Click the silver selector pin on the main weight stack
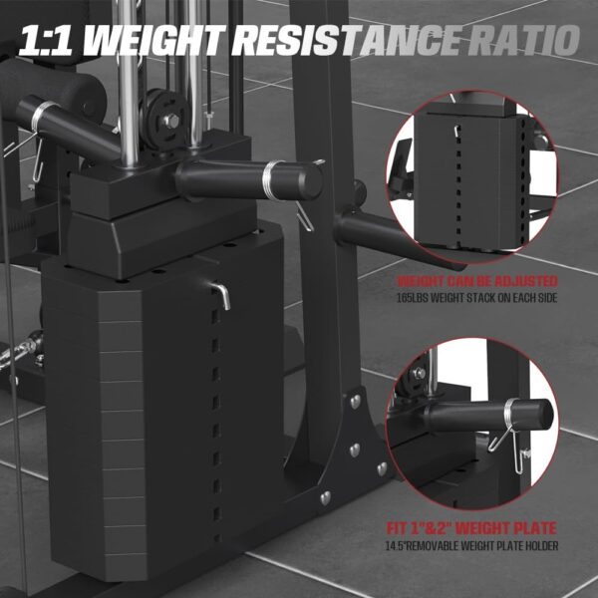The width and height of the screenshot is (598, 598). [x=225, y=292]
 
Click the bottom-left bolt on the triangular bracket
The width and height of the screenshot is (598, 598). [x=324, y=495]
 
